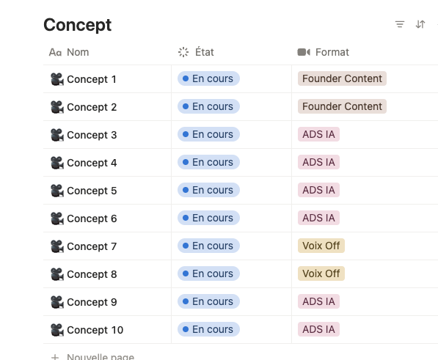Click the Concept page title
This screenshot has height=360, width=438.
click(77, 25)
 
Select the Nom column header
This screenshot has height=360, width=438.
click(69, 52)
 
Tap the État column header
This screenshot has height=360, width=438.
click(196, 52)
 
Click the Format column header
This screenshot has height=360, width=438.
click(324, 52)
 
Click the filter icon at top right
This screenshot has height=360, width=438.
click(400, 24)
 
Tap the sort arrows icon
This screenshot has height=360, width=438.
click(420, 24)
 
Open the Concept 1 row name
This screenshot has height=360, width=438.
click(92, 79)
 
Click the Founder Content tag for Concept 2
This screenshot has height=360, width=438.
click(342, 106)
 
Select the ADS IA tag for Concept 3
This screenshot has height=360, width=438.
click(318, 134)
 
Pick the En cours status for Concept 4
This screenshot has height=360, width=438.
click(208, 162)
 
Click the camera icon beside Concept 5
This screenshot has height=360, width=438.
click(57, 191)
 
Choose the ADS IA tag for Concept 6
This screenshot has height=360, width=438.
click(318, 218)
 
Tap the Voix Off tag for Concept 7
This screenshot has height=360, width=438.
click(321, 246)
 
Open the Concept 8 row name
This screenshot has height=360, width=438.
click(92, 274)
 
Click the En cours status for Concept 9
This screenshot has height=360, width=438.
click(208, 301)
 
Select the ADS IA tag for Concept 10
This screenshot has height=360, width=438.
click(318, 329)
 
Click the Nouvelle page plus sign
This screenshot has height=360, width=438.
click(55, 357)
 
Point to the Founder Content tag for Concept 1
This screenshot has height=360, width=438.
click(342, 78)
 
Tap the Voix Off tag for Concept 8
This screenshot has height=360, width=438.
click(321, 273)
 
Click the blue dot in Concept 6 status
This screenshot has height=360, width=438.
click(186, 218)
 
